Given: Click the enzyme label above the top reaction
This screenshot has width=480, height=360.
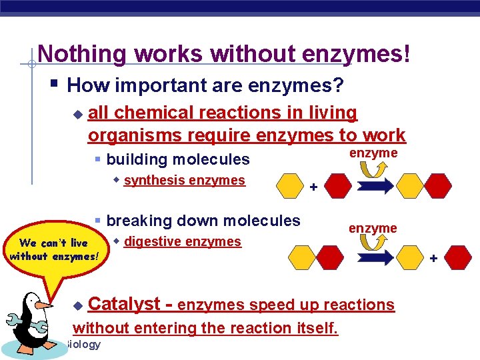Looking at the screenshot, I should pyautogui.click(x=373, y=153).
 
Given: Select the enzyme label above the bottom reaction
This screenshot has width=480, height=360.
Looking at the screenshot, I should pyautogui.click(x=373, y=228).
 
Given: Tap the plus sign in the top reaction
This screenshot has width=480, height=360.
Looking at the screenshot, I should pyautogui.click(x=313, y=188).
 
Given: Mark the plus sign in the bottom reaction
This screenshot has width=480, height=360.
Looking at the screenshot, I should pyautogui.click(x=431, y=257).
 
